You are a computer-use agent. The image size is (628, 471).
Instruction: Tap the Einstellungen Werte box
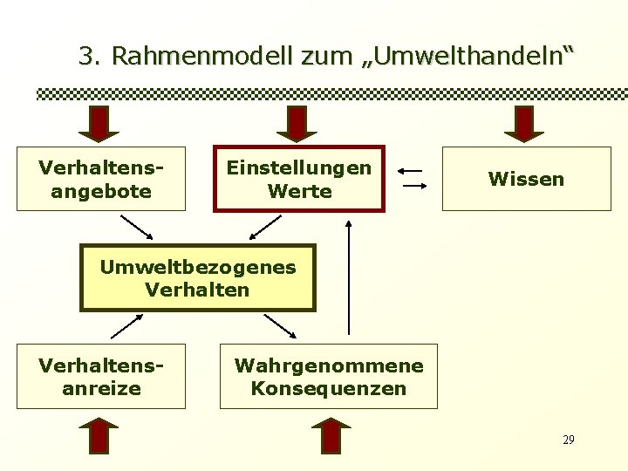[x=299, y=178]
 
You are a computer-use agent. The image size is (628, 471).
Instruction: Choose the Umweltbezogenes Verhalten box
[x=197, y=277]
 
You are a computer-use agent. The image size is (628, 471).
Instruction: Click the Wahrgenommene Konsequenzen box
[x=328, y=376]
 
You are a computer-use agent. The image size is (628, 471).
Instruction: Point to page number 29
[x=568, y=439]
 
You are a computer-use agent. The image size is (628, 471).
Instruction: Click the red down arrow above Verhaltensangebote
[x=99, y=124]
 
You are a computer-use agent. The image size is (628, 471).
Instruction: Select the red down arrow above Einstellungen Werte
[x=299, y=124]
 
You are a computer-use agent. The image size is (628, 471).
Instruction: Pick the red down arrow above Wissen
[x=524, y=124]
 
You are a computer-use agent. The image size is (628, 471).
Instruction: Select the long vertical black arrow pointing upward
[x=349, y=277]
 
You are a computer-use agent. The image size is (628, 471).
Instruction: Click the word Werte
[x=299, y=190]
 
